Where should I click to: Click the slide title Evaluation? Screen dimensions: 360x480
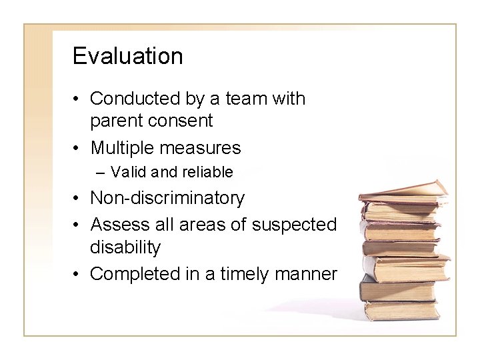point(127,56)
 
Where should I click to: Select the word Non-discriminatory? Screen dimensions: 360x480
point(167,198)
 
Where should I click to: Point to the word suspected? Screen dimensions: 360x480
point(295,225)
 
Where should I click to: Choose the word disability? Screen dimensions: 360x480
point(125,248)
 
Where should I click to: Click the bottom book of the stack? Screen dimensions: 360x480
point(401,311)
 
